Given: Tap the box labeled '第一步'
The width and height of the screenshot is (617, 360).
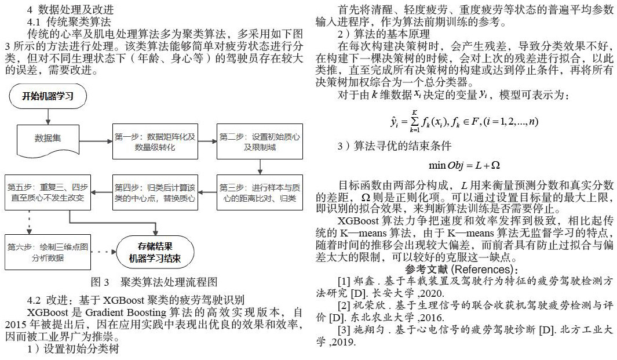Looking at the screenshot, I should click(x=155, y=141).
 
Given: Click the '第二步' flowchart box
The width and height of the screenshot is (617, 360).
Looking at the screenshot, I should click(x=260, y=141).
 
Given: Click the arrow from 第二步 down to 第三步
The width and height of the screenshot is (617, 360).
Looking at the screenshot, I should click(x=260, y=168).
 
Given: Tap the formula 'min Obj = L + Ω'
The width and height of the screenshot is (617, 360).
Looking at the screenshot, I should click(x=464, y=166).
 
